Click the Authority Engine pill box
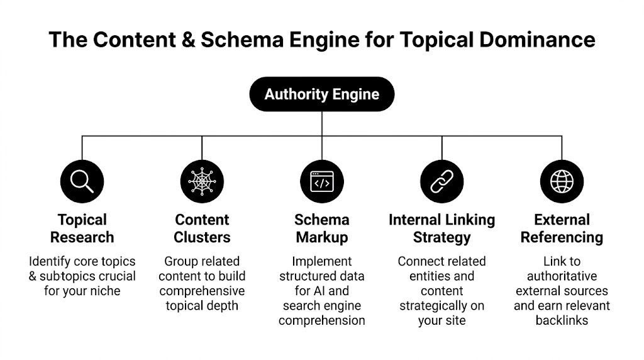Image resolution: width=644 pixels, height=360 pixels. coord(322,94)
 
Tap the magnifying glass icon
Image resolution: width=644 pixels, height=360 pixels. coord(82,181)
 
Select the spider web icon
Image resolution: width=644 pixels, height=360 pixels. coord(202,181)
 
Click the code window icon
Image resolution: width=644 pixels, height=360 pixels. coord(322,181)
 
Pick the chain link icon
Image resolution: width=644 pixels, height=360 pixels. coord(441,181)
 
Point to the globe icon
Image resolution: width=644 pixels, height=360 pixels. coord(562,181)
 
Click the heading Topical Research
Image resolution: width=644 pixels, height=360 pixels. coord(82,228)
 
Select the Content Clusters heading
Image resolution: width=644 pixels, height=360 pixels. coord(202,228)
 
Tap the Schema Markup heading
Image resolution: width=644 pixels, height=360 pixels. coord(322,228)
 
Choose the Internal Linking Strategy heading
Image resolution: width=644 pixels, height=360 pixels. coord(441,228)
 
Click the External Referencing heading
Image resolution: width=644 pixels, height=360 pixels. coord(562,228)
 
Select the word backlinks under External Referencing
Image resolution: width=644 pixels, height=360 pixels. coord(562,320)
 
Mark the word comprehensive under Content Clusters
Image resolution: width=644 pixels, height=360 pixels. coord(202,291)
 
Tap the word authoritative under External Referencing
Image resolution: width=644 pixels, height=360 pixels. coord(562,276)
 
